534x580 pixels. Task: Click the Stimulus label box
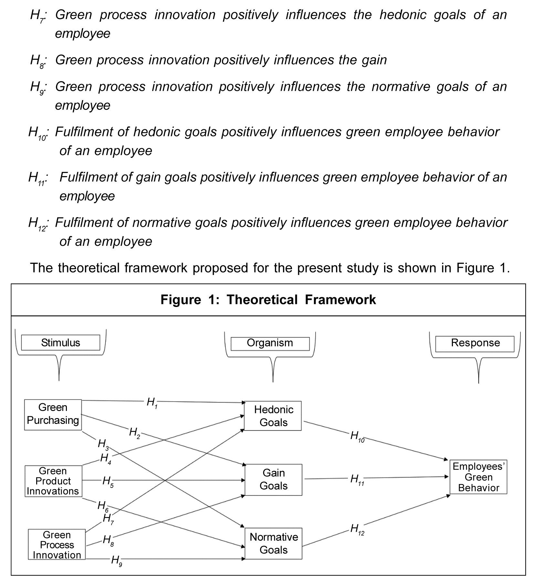point(60,343)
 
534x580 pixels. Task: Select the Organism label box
point(270,343)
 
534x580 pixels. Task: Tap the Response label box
point(475,343)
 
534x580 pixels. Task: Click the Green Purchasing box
point(53,414)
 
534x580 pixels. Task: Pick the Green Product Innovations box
point(53,481)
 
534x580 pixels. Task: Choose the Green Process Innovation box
point(57,545)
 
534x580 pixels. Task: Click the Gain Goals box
point(273,480)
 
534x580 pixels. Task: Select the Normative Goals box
point(273,543)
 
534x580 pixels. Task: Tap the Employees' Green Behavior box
point(478,477)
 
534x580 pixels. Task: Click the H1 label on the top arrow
point(152,403)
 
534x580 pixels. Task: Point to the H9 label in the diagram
point(116,560)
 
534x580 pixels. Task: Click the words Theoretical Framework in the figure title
point(301,300)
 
